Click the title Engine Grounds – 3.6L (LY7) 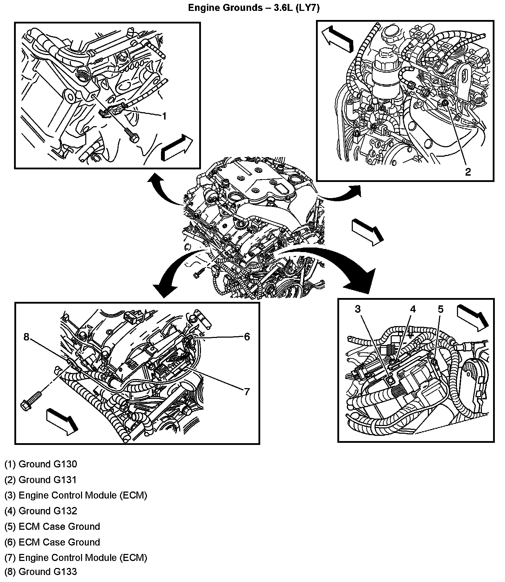click(254, 8)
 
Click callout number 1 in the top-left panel click(164, 116)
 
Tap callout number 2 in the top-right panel click(468, 172)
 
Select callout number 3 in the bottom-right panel click(358, 309)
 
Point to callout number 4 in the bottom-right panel click(413, 309)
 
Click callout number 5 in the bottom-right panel click(441, 309)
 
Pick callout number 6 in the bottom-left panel click(247, 337)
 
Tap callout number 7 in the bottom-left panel click(247, 392)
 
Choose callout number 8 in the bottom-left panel click(26, 337)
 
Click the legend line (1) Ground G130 click(41, 464)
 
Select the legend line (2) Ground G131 click(41, 480)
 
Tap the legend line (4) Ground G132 click(41, 511)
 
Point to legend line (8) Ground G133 click(41, 571)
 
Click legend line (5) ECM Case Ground click(52, 527)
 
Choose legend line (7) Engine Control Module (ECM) click(76, 557)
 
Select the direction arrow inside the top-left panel click(177, 148)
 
